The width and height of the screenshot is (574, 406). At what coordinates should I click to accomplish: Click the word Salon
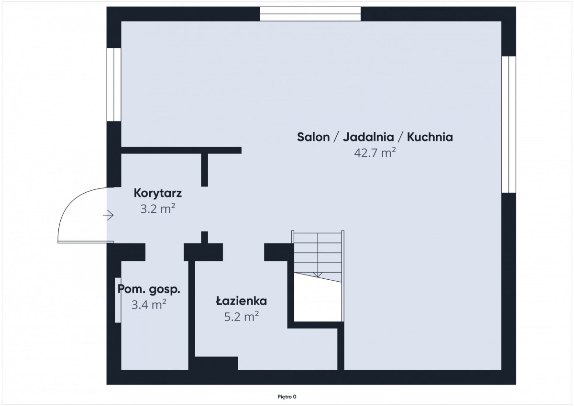tap(313, 137)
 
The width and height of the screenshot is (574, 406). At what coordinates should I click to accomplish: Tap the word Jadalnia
tap(368, 137)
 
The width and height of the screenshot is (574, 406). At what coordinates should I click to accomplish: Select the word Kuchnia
tap(430, 137)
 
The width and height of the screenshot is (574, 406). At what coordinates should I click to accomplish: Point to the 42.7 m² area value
tap(375, 153)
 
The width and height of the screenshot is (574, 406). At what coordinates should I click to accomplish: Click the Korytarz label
tap(157, 193)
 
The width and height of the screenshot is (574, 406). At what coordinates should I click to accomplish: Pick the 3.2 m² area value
tap(157, 208)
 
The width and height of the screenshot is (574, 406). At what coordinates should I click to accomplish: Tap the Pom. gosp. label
tap(149, 289)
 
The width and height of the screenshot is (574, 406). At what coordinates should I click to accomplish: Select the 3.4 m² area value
tap(149, 305)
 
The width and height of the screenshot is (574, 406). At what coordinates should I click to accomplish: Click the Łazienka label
tap(242, 301)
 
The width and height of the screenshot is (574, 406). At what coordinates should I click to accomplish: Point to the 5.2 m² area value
tap(242, 317)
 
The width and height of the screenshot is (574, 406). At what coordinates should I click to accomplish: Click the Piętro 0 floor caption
tap(287, 397)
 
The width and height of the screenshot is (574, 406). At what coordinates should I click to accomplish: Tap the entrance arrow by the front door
tap(108, 215)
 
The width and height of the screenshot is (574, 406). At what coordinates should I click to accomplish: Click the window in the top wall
tap(310, 14)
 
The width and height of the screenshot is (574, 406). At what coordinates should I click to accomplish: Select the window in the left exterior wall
tap(114, 85)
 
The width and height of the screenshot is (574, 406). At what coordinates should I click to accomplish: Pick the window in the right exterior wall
tap(508, 124)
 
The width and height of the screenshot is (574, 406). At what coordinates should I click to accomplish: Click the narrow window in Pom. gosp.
tap(118, 300)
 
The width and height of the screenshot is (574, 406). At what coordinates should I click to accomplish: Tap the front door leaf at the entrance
tap(86, 242)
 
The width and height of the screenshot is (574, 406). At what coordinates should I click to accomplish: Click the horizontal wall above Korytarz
tap(181, 150)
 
